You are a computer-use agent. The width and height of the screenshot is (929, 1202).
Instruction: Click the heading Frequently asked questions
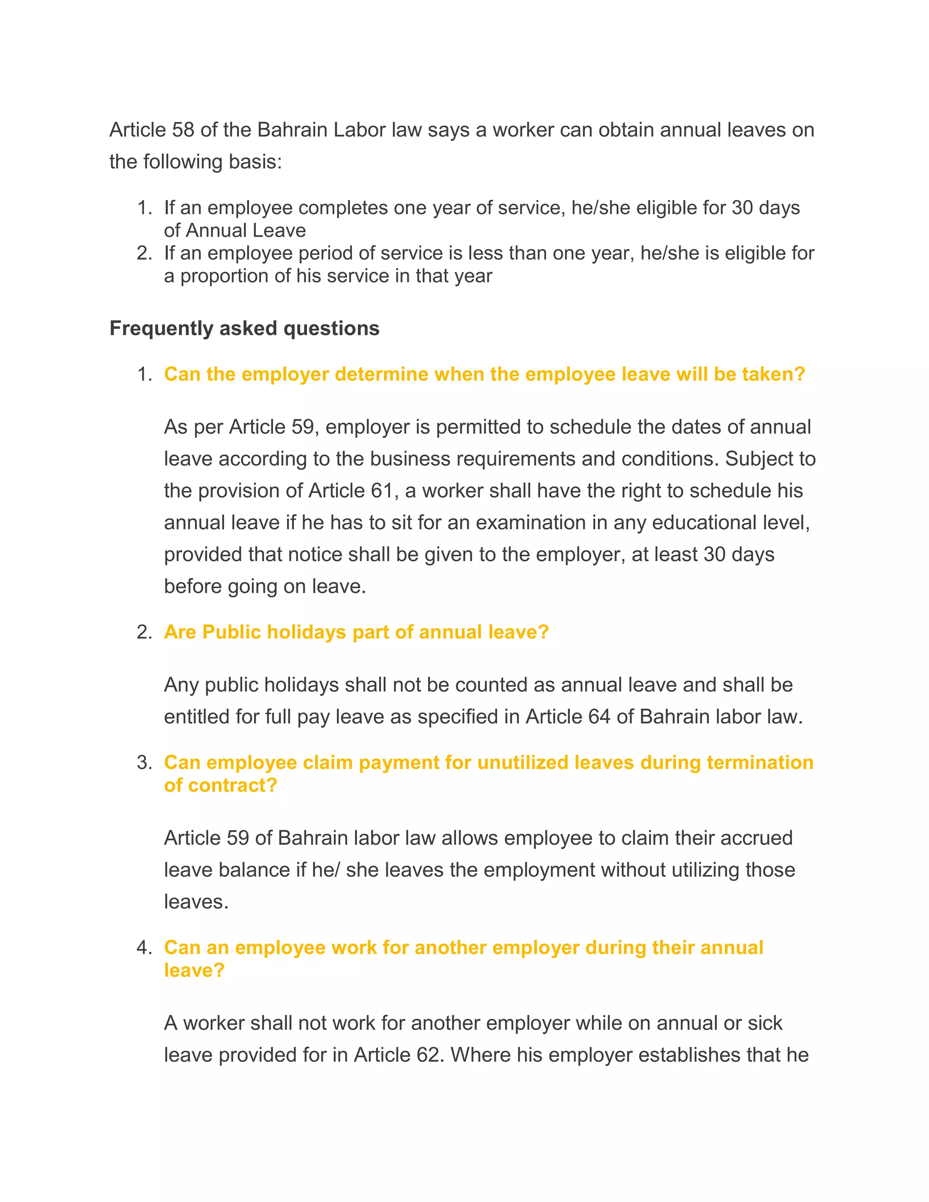click(x=244, y=328)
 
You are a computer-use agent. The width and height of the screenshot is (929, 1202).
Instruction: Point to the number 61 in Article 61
click(x=381, y=491)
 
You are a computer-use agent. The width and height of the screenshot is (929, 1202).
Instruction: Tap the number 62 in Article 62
click(x=428, y=1055)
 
